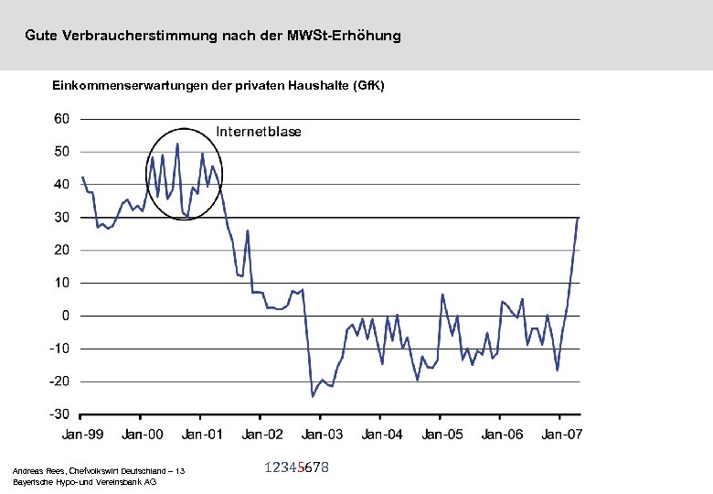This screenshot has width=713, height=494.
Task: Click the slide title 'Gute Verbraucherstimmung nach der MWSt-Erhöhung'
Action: click(x=213, y=37)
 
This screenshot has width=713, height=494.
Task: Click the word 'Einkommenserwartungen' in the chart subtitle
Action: click(x=121, y=85)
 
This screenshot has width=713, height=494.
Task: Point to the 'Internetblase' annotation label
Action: click(x=259, y=132)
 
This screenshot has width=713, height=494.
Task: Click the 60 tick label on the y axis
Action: click(x=62, y=119)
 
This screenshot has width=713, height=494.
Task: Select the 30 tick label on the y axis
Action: click(x=62, y=218)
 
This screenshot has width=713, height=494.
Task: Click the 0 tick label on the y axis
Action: click(x=66, y=316)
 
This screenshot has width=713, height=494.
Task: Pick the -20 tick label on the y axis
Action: click(x=59, y=381)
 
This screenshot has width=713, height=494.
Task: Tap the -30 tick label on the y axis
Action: click(x=59, y=414)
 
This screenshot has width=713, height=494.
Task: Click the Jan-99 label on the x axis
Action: click(x=82, y=434)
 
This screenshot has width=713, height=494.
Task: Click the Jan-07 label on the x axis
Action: click(x=560, y=434)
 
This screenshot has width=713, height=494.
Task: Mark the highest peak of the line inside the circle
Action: click(x=177, y=144)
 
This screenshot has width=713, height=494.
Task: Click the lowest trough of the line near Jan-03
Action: click(x=313, y=396)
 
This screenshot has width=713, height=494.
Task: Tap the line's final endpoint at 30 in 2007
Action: click(x=578, y=219)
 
